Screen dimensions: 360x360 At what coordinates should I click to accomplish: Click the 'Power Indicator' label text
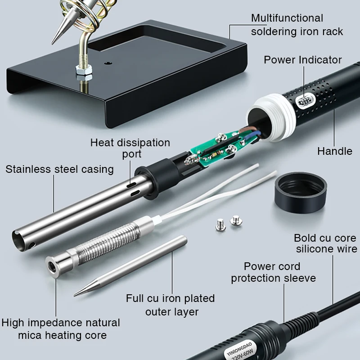point(302,60)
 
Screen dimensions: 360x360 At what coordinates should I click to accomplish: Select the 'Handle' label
point(335,151)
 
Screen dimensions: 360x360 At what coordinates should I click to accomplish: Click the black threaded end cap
point(301,192)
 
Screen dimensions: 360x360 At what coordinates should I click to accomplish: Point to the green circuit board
point(218,147)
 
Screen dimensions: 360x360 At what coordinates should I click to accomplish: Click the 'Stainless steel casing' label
point(60,170)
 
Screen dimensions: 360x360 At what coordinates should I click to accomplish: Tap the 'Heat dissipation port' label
point(130,148)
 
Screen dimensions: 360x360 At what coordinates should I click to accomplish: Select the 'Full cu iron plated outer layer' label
point(171,305)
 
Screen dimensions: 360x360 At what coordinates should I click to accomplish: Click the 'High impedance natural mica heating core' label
point(61,329)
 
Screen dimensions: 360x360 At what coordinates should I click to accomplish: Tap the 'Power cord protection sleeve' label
point(274,272)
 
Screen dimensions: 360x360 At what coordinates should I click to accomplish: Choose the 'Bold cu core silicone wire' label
point(325,243)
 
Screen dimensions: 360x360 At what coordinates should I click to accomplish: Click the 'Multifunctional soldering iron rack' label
point(297,25)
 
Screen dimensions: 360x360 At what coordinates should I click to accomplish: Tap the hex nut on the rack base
point(84,70)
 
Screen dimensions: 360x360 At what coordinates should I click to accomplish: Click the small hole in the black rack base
point(107,63)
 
